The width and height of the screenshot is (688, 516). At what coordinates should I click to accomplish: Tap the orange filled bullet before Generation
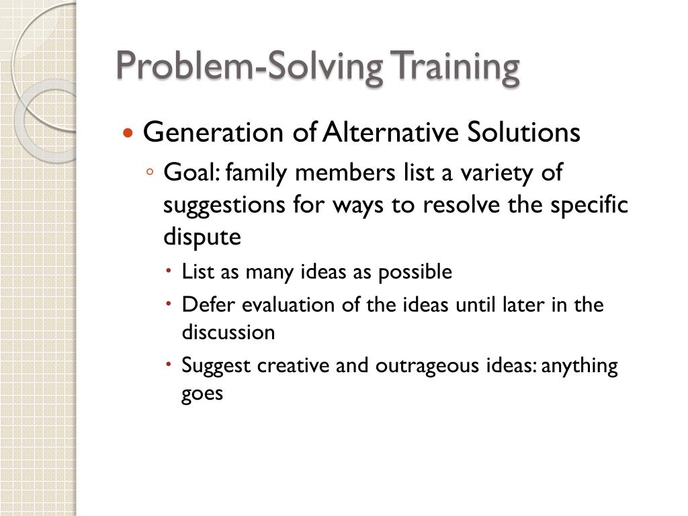pyautogui.click(x=128, y=133)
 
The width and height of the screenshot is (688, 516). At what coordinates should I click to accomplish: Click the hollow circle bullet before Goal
pyautogui.click(x=150, y=173)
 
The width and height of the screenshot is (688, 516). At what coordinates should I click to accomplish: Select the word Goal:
pyautogui.click(x=191, y=173)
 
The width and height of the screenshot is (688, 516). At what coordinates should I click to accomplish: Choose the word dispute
pyautogui.click(x=202, y=237)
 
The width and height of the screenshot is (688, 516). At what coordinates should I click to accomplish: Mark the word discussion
pyautogui.click(x=228, y=333)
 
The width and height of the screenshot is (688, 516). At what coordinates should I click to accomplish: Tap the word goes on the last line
pyautogui.click(x=202, y=394)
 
